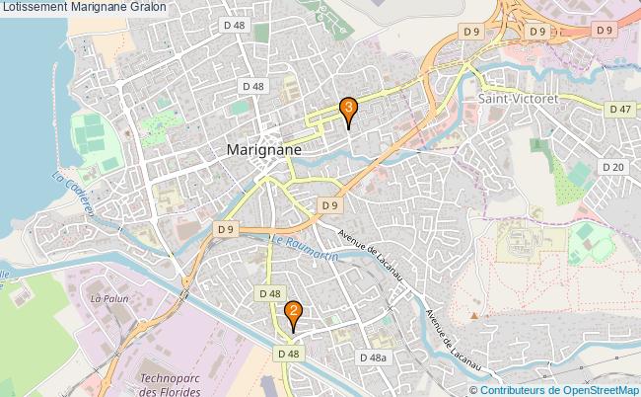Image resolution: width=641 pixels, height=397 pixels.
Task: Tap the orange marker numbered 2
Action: (293, 314)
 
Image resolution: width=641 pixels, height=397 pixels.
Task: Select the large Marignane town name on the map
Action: (263, 150)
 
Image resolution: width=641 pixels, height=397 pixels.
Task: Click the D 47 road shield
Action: (619, 109)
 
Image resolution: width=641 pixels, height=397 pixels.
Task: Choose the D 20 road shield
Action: (613, 167)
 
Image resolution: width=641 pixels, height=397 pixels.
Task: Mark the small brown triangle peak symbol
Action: (474, 316)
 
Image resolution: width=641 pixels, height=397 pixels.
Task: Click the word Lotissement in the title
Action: (36, 7)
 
